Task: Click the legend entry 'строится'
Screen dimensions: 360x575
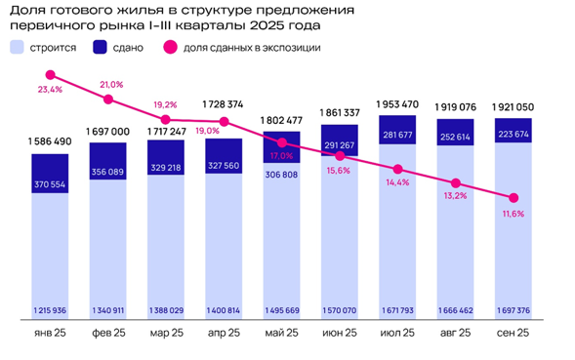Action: coord(47,47)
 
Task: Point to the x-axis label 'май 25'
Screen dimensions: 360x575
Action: coord(282,333)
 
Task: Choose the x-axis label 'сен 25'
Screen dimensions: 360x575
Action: coord(512,333)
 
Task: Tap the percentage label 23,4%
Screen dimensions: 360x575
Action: coord(51,90)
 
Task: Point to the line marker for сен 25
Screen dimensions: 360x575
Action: coord(513,196)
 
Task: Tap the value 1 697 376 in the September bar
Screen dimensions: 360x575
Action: coord(513,311)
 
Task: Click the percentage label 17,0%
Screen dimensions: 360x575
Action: coord(281,155)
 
